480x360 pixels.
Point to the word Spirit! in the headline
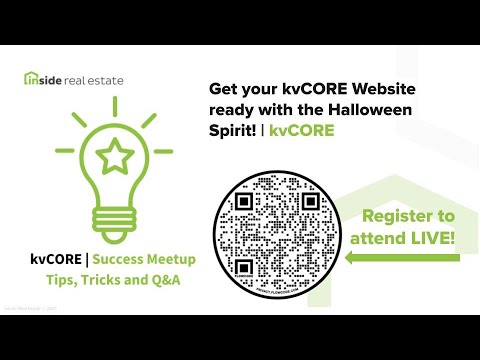235,131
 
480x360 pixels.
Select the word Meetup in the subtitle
169,260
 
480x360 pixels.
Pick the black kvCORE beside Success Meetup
52,260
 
